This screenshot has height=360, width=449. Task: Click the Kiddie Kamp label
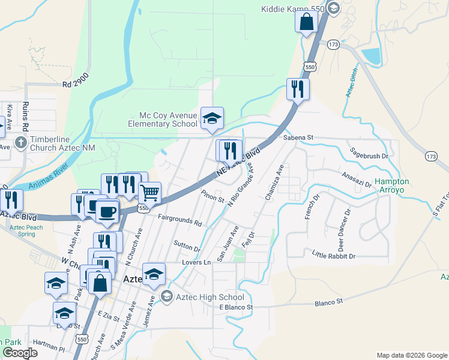point(293,8)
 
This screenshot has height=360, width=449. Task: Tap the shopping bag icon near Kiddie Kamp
point(306,22)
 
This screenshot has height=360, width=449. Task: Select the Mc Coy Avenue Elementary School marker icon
point(212,118)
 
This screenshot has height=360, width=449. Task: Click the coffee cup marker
point(107,212)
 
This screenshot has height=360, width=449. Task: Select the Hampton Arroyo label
point(392,185)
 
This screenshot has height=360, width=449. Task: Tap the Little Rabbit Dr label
point(334,256)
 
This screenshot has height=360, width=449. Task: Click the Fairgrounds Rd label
point(180,219)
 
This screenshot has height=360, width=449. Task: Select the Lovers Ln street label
point(197,263)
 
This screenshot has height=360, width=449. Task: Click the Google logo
point(20,353)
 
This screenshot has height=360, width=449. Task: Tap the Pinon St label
point(212,196)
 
